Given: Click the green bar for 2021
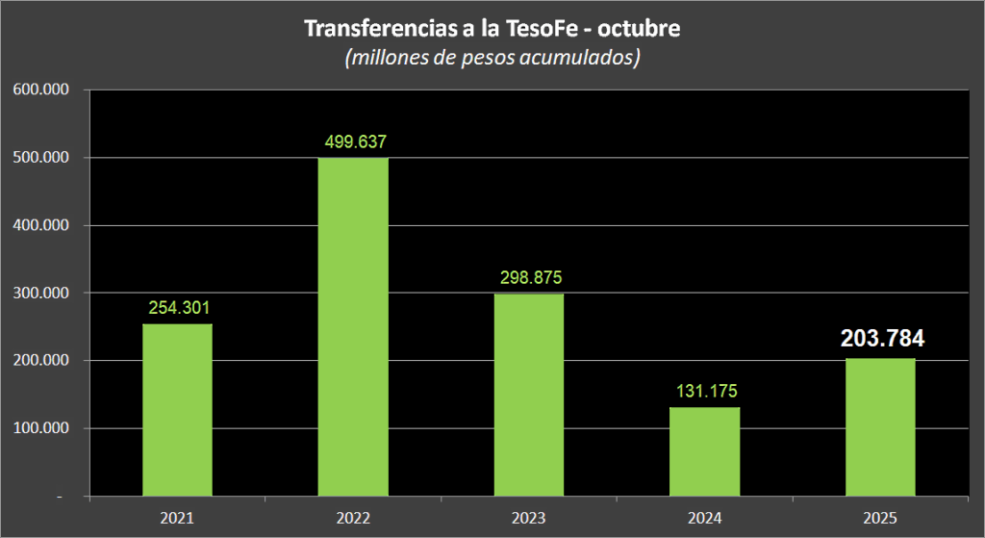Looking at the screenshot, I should [x=178, y=410].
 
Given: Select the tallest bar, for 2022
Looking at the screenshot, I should [x=353, y=327].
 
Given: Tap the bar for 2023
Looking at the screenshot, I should [x=529, y=395].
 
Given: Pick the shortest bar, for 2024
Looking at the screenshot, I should [x=705, y=451].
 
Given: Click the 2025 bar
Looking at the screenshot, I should [x=880, y=427].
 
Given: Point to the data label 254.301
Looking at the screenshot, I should [x=179, y=308].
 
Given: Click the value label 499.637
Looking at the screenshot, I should [x=354, y=141].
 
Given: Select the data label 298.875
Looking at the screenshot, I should [x=530, y=277].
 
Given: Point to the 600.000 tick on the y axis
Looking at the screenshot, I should [x=40, y=90].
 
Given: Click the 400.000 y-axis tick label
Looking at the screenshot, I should [x=40, y=225].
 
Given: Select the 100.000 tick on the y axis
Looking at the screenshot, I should [x=40, y=428].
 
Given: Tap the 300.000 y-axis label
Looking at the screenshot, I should [x=40, y=293].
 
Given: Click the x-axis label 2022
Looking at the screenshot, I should [x=353, y=518].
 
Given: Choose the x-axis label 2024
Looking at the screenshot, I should [x=705, y=518].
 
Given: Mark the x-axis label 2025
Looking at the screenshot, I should [x=880, y=518].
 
